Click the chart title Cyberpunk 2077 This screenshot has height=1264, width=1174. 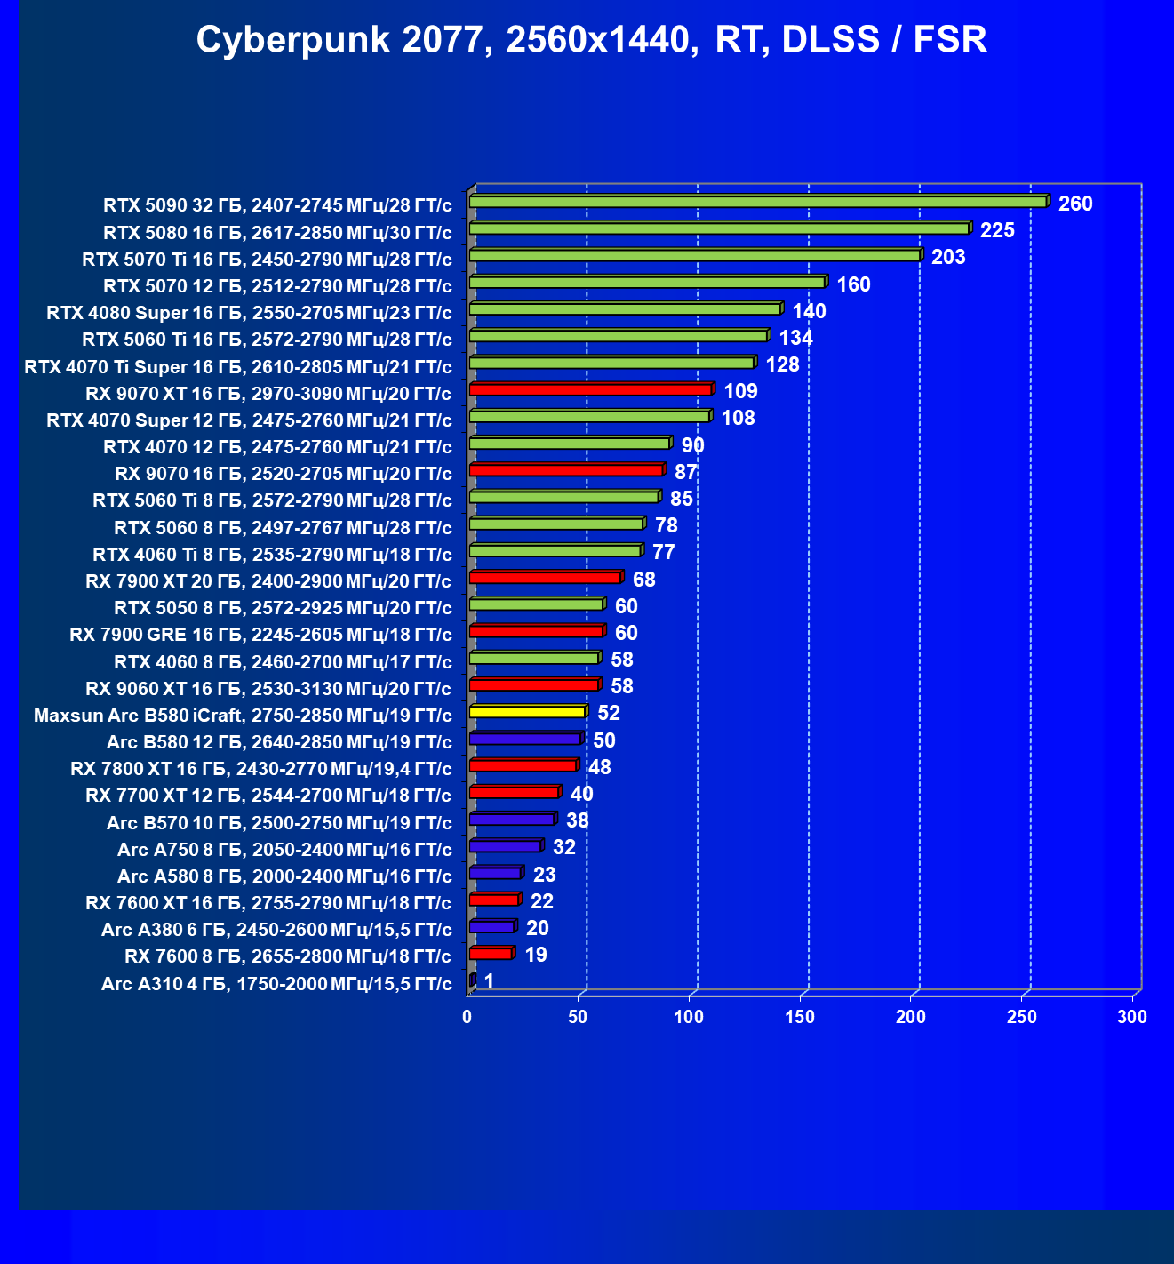click(591, 40)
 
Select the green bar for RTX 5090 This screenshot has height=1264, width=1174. click(757, 202)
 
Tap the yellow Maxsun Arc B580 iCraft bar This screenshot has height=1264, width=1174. click(526, 712)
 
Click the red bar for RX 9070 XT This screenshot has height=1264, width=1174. click(590, 389)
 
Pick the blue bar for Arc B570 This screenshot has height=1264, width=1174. click(511, 820)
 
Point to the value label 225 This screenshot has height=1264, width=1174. click(997, 230)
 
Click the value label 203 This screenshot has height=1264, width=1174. click(948, 257)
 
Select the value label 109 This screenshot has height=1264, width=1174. click(740, 391)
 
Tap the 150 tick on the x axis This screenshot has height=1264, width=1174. click(800, 1017)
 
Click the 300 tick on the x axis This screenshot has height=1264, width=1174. click(1132, 1017)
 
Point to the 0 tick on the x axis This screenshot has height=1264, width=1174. click(467, 1017)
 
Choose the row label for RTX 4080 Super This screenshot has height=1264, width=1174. click(249, 313)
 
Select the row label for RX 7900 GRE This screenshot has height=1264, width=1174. click(260, 635)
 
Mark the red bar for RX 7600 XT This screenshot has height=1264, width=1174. click(493, 900)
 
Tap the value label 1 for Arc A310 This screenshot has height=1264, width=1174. click(489, 981)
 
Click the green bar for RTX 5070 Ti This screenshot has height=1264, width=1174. click(694, 255)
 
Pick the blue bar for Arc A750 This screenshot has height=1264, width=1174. click(505, 846)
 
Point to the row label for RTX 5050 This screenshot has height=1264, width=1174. click(283, 608)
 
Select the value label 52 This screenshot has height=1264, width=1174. click(609, 713)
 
